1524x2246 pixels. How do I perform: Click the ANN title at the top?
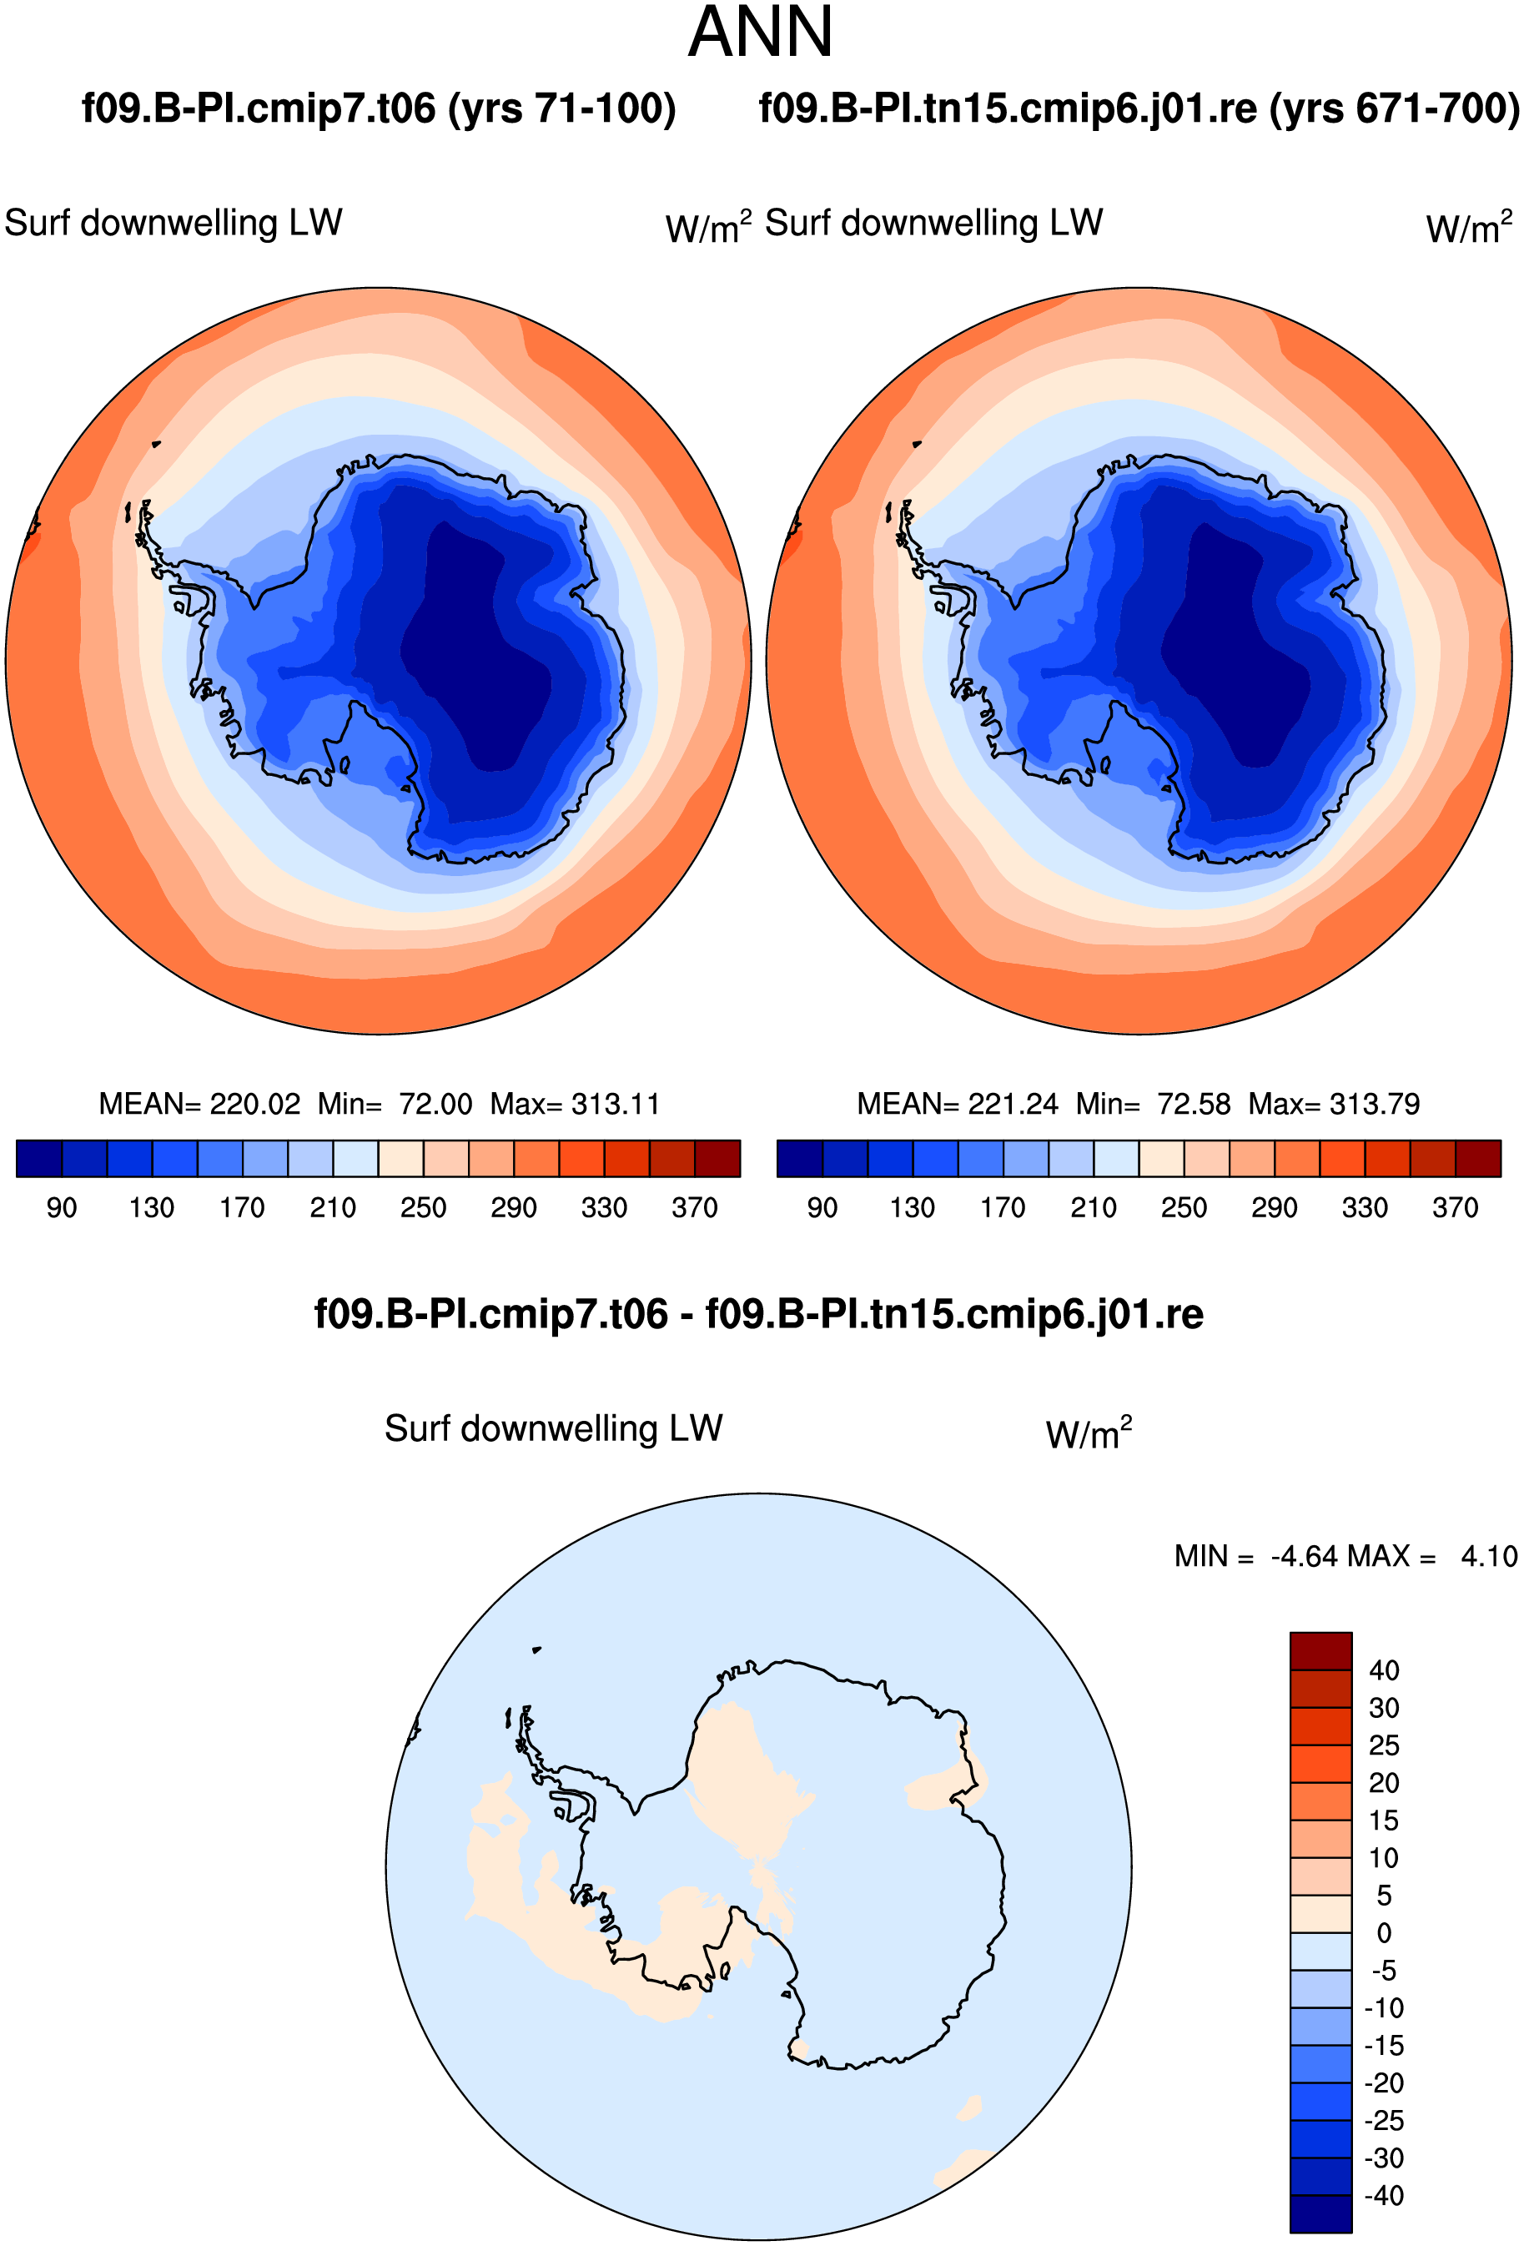tap(761, 33)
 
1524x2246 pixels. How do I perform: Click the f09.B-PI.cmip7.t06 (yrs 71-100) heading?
tap(379, 109)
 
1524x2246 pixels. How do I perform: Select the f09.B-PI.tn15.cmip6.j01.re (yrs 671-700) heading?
tap(1139, 109)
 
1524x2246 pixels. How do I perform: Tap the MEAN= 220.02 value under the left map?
tap(200, 1104)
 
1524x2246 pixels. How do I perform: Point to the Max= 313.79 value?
tap(1335, 1104)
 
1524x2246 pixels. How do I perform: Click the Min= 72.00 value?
tap(395, 1104)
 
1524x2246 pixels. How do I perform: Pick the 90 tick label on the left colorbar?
tap(62, 1208)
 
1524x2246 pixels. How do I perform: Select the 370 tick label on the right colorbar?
tap(1456, 1208)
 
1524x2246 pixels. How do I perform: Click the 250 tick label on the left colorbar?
tap(423, 1208)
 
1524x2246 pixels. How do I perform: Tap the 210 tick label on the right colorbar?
tap(1093, 1208)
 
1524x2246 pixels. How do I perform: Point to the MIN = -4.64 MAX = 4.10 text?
tap(1345, 1557)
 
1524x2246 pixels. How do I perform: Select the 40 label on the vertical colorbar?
tap(1384, 1671)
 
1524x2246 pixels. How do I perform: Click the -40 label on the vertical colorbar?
tap(1384, 2196)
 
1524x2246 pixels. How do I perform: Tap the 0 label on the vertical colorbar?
tap(1384, 1933)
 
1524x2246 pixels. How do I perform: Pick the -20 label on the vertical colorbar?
tap(1384, 2082)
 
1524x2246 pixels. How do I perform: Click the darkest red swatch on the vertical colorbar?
tap(1321, 1650)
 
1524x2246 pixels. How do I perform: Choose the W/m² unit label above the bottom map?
tap(1089, 1433)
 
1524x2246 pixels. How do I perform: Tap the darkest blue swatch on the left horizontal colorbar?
tap(39, 1159)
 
